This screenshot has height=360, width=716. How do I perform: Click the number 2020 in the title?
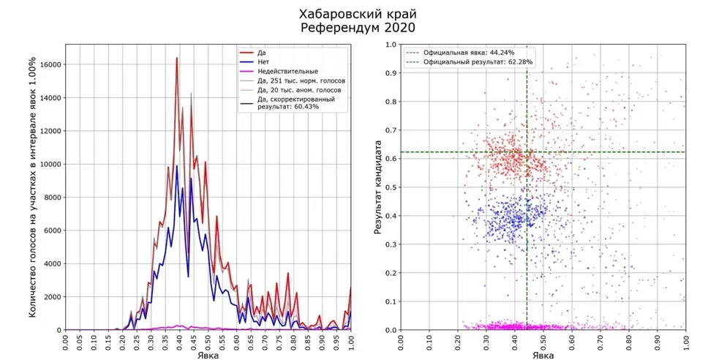click(396, 28)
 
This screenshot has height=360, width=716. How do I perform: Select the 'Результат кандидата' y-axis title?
click(378, 187)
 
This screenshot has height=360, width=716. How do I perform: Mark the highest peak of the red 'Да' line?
click(176, 58)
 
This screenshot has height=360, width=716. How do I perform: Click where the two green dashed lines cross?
click(527, 152)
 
